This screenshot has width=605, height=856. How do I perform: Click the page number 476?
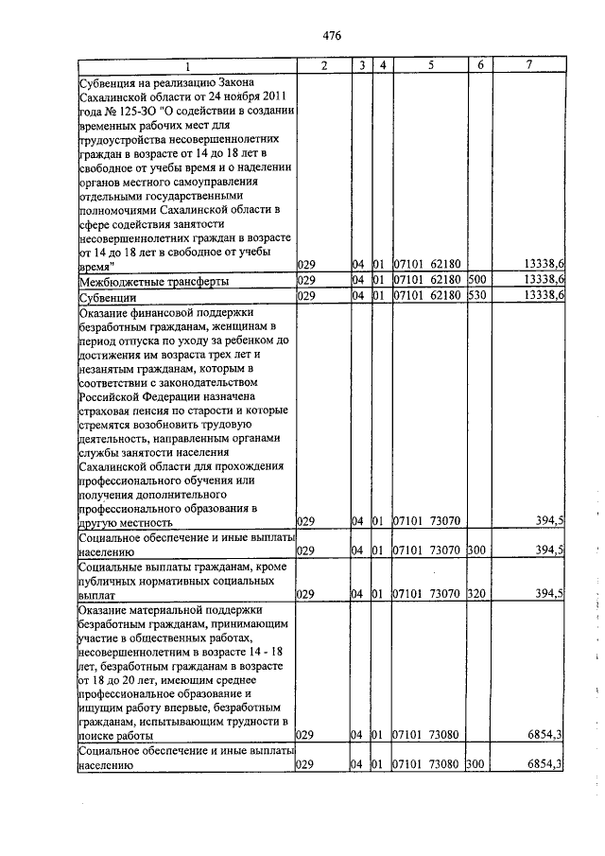pos(331,36)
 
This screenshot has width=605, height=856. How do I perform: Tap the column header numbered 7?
pos(529,65)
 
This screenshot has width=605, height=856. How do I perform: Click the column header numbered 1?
pos(187,65)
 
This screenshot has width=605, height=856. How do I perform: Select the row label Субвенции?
pos(108,296)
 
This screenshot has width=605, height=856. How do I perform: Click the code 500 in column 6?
pos(475,281)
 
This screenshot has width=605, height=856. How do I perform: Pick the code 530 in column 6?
pos(475,296)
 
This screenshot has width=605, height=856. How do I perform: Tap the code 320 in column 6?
pos(475,594)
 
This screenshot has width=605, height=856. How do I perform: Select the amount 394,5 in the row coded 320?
pos(548,594)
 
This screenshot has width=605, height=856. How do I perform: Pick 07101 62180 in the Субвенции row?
pos(426,296)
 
